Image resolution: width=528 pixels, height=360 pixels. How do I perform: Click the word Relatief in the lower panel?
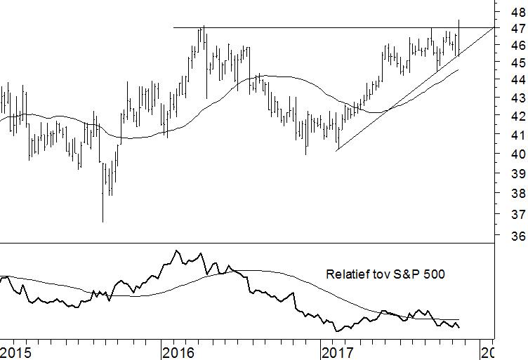tap(349, 274)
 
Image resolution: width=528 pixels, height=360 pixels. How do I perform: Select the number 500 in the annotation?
tap(435, 274)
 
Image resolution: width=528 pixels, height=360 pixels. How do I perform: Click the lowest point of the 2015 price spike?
tap(103, 222)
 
